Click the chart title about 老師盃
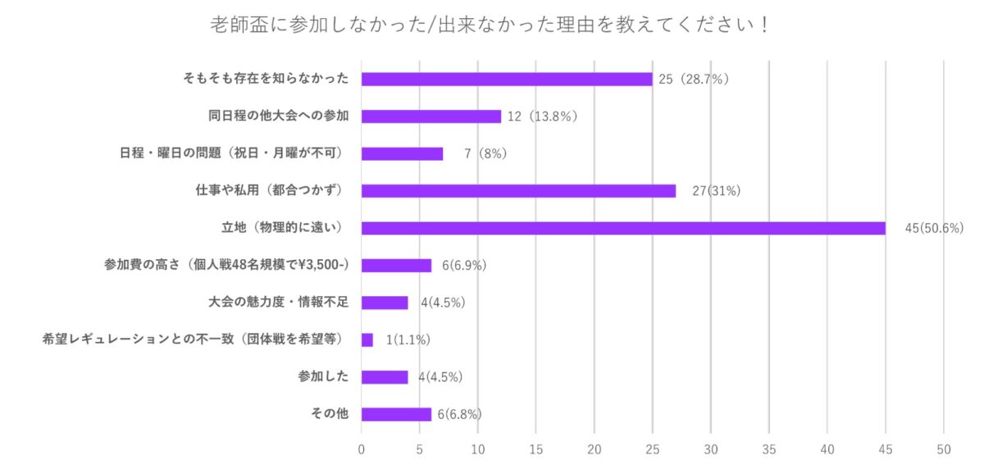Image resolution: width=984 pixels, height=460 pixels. (490, 24)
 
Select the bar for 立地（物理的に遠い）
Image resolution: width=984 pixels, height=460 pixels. (623, 228)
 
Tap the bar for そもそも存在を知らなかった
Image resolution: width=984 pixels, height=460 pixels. (507, 79)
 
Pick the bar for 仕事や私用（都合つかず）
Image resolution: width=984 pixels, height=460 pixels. (518, 190)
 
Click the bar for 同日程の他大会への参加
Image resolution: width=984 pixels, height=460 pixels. (430, 116)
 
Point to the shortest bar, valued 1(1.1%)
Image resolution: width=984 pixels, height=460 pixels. (367, 339)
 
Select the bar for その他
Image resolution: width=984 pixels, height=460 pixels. (396, 414)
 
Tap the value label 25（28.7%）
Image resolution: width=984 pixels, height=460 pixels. (694, 79)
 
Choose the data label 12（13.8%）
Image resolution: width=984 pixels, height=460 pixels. (542, 116)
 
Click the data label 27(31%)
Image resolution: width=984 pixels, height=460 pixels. (717, 190)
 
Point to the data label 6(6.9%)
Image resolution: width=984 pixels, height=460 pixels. (466, 265)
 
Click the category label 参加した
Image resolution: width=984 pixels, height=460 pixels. (323, 376)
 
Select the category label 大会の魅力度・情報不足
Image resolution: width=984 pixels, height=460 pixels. (279, 302)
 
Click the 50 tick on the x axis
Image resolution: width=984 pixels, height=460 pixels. (944, 449)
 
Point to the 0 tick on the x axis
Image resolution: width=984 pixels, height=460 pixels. (362, 449)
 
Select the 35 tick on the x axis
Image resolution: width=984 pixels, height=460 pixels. (769, 449)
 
